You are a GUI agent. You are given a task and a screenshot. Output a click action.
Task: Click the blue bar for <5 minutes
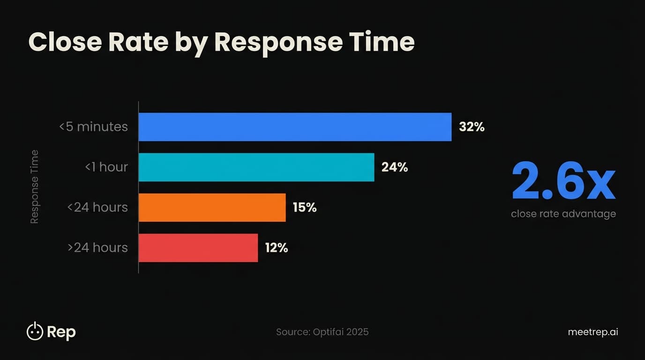295,127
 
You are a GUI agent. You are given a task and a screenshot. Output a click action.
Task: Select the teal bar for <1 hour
256,167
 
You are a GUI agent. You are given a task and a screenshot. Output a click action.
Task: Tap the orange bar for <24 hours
212,208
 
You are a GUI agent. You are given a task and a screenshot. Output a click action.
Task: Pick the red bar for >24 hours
198,248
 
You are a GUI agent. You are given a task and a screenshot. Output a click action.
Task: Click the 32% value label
472,127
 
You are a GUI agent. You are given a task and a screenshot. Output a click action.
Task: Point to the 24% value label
395,167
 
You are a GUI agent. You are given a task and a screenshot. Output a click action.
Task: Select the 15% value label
305,208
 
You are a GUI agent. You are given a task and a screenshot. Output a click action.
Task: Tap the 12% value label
277,248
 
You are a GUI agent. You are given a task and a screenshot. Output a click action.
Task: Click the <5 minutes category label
93,127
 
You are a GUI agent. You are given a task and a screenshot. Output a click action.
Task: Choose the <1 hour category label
106,167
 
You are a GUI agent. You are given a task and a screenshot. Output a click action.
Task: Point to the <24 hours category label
97,208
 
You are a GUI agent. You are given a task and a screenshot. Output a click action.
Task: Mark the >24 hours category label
97,248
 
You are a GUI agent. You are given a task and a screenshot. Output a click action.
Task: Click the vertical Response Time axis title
34,187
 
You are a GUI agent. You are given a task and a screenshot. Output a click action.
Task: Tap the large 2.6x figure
563,181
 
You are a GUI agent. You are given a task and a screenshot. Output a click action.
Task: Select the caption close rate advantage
563,214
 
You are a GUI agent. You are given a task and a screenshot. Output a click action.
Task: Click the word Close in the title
65,42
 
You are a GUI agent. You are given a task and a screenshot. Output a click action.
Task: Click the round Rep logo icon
35,331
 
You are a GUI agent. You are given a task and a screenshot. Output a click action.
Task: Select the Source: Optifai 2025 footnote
322,332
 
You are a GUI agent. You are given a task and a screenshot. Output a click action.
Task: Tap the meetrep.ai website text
592,332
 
